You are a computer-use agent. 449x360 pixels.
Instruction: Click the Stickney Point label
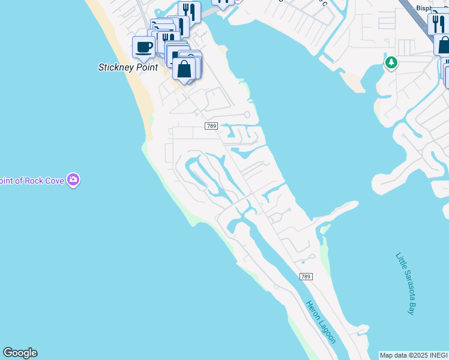(128, 67)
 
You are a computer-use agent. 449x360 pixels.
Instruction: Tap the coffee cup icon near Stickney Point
(143, 46)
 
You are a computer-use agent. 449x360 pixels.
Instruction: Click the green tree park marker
(391, 62)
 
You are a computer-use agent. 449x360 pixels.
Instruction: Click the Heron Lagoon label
(321, 322)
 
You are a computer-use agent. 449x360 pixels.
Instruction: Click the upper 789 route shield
(211, 126)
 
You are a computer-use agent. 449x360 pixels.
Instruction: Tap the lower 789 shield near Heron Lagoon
(306, 276)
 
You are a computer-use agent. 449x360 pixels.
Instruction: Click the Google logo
(20, 353)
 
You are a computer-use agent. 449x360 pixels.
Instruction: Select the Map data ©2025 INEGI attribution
(414, 355)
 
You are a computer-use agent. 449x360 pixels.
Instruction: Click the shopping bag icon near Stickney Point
(184, 68)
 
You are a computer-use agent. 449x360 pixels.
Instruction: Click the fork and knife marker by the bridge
(188, 11)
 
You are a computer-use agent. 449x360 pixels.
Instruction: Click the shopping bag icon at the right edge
(444, 45)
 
